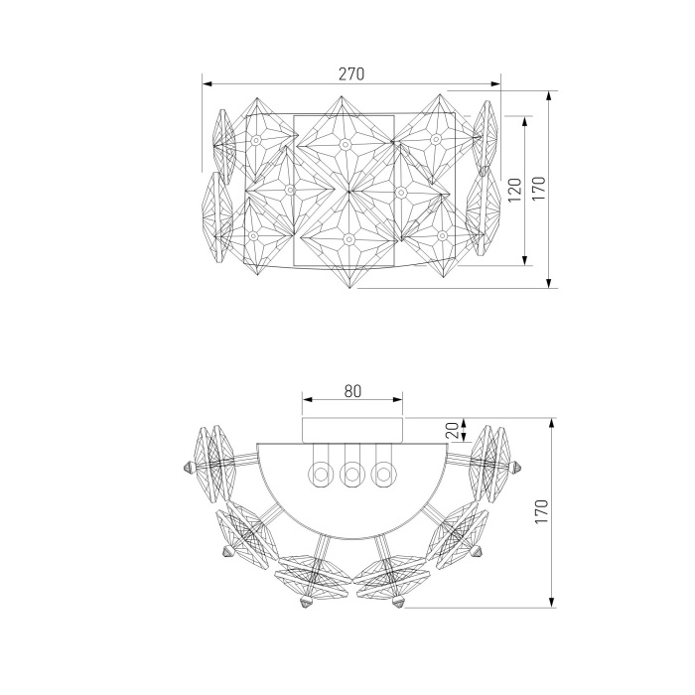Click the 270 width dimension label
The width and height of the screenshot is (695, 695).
pos(351,74)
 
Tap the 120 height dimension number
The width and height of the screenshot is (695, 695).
pos(514,191)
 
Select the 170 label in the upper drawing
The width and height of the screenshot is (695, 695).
pos(538,189)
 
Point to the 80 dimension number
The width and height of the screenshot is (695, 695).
pos(352,391)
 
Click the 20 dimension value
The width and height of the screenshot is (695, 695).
pos(452,430)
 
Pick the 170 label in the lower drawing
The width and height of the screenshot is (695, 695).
pos(542,511)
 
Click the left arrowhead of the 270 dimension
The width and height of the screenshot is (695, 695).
pos(208,83)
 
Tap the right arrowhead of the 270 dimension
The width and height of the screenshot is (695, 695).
pos(495,83)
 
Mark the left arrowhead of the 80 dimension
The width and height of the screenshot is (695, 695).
pos(308,400)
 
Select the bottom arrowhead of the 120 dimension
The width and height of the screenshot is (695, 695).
pos(525,260)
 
